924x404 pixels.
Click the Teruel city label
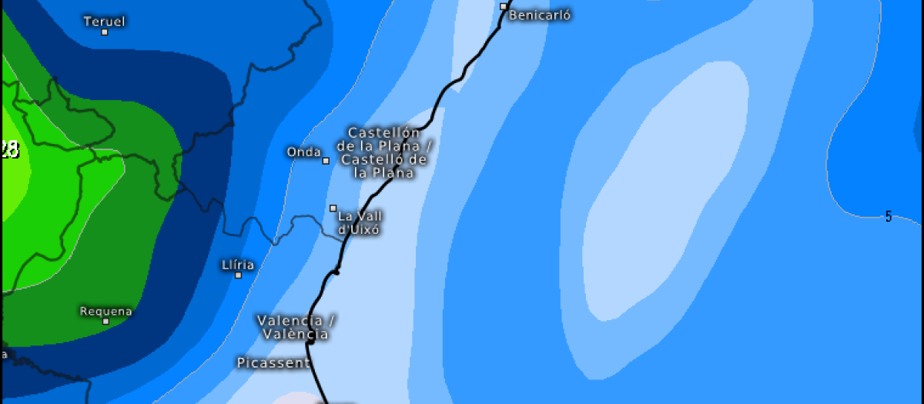[103, 21]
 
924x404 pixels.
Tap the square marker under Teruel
[104, 32]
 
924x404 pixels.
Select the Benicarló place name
[540, 15]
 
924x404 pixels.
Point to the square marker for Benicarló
[504, 6]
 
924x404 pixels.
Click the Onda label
[303, 152]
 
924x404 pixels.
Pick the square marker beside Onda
[326, 161]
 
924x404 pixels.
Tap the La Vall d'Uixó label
[360, 222]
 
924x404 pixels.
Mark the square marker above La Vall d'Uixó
[333, 208]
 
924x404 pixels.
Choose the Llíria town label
[237, 265]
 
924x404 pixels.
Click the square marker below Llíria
[238, 275]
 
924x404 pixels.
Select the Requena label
[105, 311]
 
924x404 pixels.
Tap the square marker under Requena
[105, 321]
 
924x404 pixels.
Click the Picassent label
[273, 362]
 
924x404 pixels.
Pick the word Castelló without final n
[373, 159]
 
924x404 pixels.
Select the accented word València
[295, 334]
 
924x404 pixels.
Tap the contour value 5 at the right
[888, 217]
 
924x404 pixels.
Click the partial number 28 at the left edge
[9, 149]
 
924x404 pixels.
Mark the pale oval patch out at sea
[666, 192]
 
